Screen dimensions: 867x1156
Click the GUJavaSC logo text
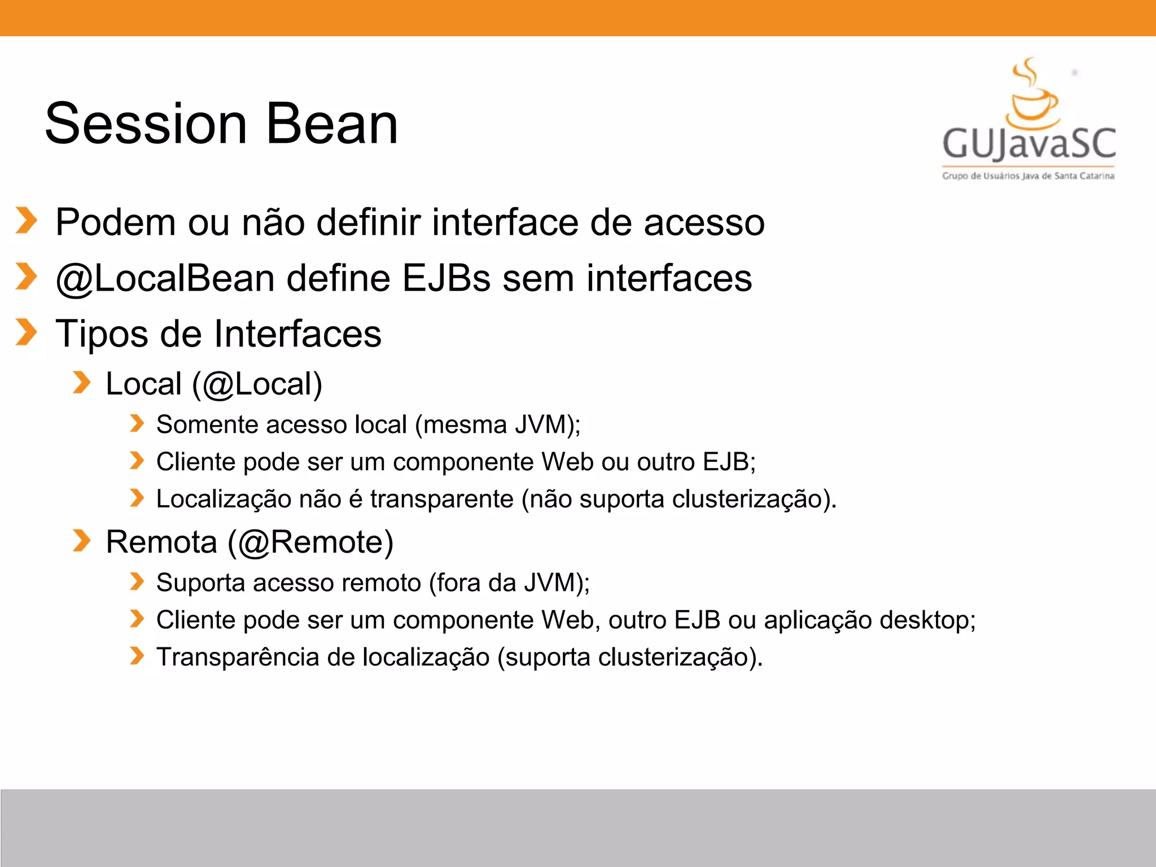tap(1028, 143)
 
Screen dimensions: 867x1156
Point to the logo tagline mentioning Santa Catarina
tap(1028, 176)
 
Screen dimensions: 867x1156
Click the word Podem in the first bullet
tap(116, 222)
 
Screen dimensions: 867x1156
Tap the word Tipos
tap(102, 334)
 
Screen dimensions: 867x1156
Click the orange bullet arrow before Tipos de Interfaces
tap(26, 332)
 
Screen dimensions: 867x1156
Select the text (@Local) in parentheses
tap(257, 384)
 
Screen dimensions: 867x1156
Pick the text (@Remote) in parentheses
tap(310, 542)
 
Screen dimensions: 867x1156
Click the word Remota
tap(161, 542)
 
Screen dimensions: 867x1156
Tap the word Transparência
tap(238, 658)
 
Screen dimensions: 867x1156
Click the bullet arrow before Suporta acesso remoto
tap(137, 581)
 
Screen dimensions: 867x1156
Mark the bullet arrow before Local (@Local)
tap(81, 383)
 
